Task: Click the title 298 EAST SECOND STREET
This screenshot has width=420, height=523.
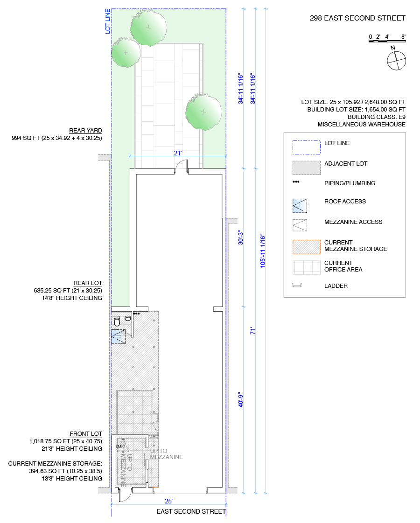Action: click(x=357, y=18)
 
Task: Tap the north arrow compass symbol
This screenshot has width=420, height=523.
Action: click(x=397, y=60)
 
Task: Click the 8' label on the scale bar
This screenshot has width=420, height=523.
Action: click(x=403, y=36)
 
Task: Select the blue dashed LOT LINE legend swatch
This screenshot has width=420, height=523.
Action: click(x=306, y=147)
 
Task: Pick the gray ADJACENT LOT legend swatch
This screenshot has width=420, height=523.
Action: click(x=306, y=167)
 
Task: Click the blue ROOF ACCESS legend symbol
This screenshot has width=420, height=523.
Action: click(x=300, y=205)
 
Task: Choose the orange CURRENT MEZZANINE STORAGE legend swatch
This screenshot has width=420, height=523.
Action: click(x=306, y=247)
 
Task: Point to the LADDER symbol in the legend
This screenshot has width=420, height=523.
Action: click(x=300, y=286)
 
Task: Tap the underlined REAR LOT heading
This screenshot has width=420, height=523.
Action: click(x=88, y=283)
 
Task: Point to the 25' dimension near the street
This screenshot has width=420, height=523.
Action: click(x=168, y=501)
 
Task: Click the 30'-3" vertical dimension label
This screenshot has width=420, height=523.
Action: click(x=241, y=237)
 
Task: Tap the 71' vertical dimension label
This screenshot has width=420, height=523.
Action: click(x=252, y=331)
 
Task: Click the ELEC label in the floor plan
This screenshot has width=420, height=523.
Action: click(x=120, y=446)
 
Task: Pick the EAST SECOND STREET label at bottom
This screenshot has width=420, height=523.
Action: click(x=191, y=511)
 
